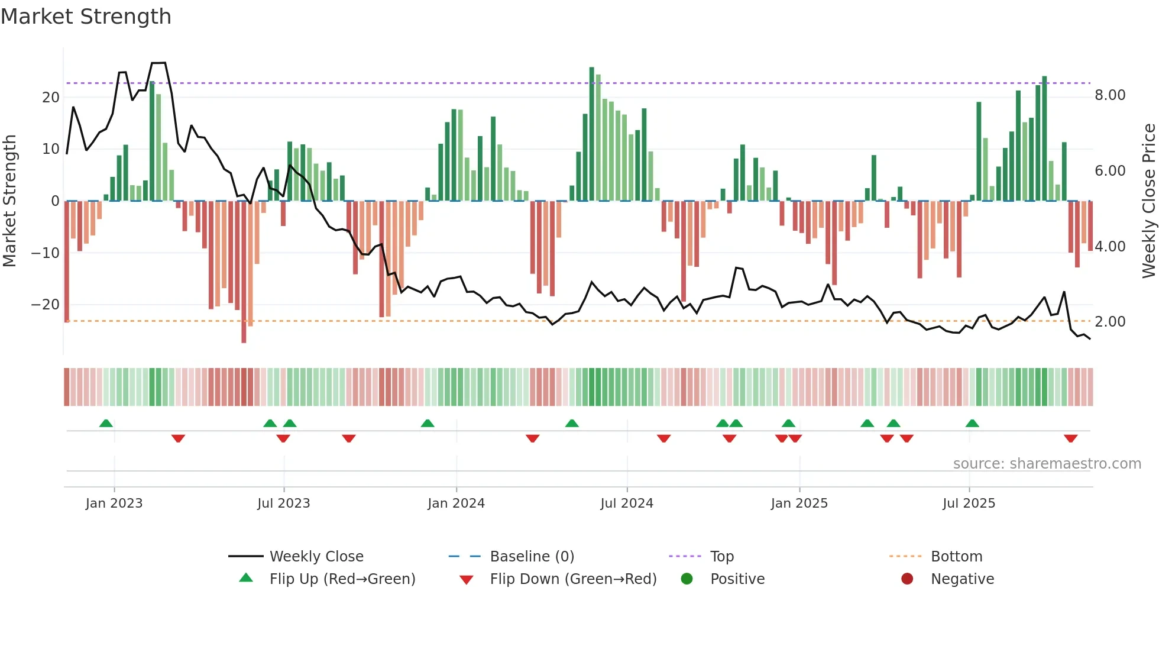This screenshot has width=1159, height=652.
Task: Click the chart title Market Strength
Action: (x=86, y=17)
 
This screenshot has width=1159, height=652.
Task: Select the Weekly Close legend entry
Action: (x=316, y=556)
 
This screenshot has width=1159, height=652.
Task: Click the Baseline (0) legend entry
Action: (x=532, y=556)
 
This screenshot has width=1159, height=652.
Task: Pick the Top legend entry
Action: (x=721, y=556)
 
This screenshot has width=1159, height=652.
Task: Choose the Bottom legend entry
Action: (x=956, y=556)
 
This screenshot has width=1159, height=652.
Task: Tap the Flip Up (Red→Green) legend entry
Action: (x=342, y=579)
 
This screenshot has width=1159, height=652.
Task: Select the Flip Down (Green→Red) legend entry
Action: (x=572, y=579)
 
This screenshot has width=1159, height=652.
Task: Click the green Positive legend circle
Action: (x=687, y=579)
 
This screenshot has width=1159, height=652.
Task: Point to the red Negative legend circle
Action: (x=907, y=579)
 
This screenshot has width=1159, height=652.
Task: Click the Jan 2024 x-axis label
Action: (x=456, y=503)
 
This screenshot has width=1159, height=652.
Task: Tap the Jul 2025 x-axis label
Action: (x=969, y=503)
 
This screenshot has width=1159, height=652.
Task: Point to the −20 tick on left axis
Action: (x=46, y=305)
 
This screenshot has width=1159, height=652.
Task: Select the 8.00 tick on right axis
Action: (x=1110, y=95)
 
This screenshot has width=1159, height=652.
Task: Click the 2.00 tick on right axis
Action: (x=1110, y=322)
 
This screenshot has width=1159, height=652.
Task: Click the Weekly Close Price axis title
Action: (x=1148, y=201)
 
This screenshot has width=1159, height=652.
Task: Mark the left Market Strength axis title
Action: (x=9, y=201)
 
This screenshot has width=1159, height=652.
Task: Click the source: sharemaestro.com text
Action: (x=1047, y=464)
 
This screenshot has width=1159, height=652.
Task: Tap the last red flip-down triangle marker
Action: (x=1070, y=438)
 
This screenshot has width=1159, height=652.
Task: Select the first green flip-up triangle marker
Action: (x=106, y=423)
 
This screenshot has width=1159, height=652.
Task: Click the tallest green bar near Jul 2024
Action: (x=591, y=134)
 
